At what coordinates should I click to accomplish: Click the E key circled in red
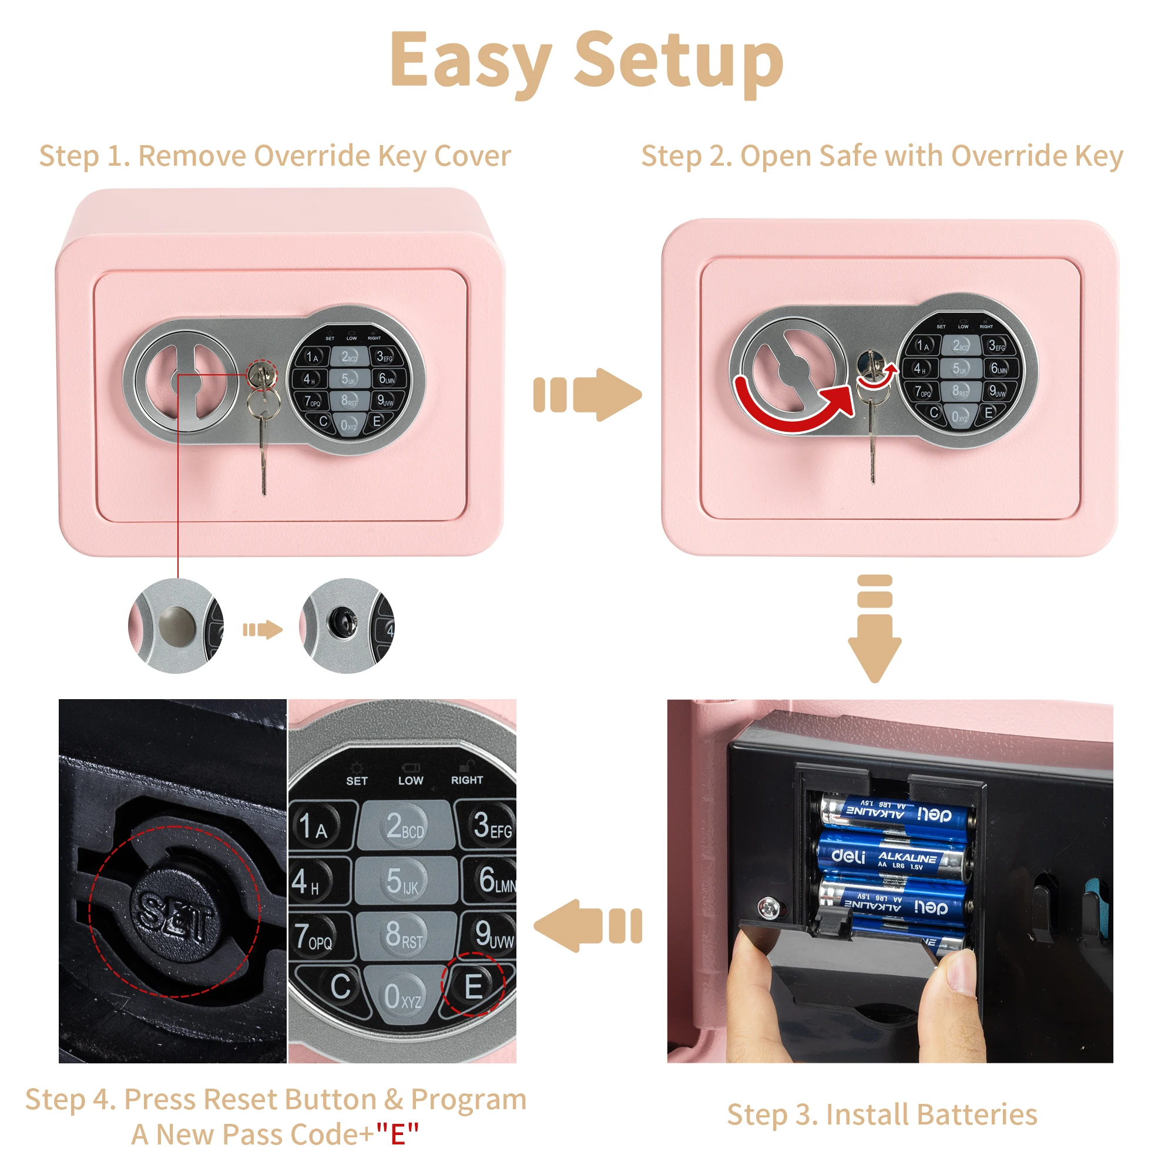473,986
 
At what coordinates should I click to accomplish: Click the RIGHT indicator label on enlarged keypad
466,780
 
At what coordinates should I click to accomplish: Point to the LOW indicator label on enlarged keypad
411,780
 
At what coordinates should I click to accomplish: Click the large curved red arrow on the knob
791,411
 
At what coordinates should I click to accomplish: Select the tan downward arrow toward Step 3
875,633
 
